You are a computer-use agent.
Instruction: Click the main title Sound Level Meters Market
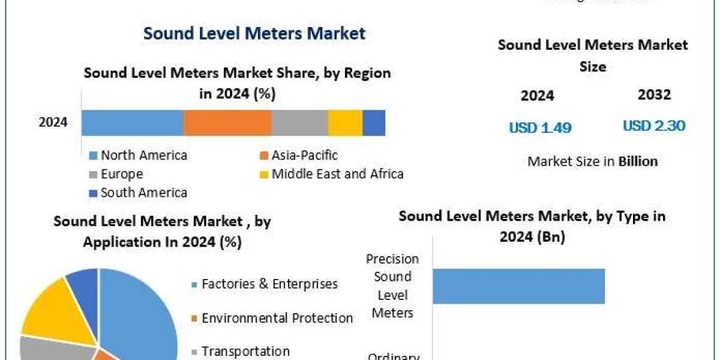pyautogui.click(x=254, y=33)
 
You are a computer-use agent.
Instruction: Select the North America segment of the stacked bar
pyautogui.click(x=132, y=123)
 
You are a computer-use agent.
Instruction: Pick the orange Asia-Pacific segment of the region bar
pyautogui.click(x=227, y=123)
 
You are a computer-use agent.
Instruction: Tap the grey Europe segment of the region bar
pyautogui.click(x=299, y=123)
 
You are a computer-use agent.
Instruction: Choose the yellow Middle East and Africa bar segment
pyautogui.click(x=345, y=123)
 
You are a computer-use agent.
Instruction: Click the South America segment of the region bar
pyautogui.click(x=374, y=123)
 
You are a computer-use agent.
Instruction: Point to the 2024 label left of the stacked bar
pyautogui.click(x=53, y=123)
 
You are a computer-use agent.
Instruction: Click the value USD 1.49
pyautogui.click(x=540, y=127)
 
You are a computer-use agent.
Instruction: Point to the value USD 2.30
pyautogui.click(x=654, y=126)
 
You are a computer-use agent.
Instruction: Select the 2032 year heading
pyautogui.click(x=655, y=94)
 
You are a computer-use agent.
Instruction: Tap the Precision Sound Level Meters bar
pyautogui.click(x=518, y=286)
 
